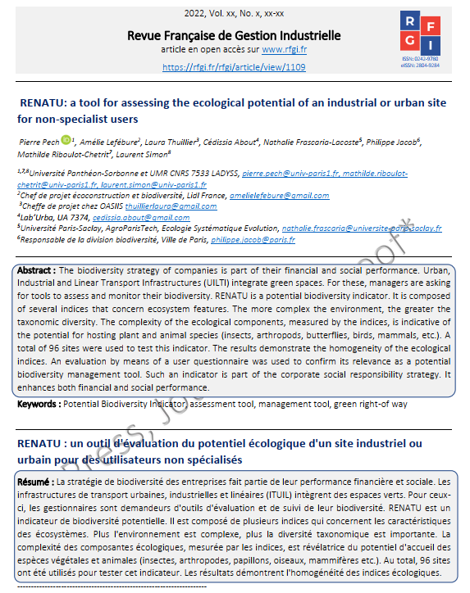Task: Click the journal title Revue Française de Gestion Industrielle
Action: click(x=233, y=35)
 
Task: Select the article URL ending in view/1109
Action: click(x=234, y=67)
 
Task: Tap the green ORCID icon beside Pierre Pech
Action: click(x=66, y=141)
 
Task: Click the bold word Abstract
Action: click(x=38, y=270)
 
